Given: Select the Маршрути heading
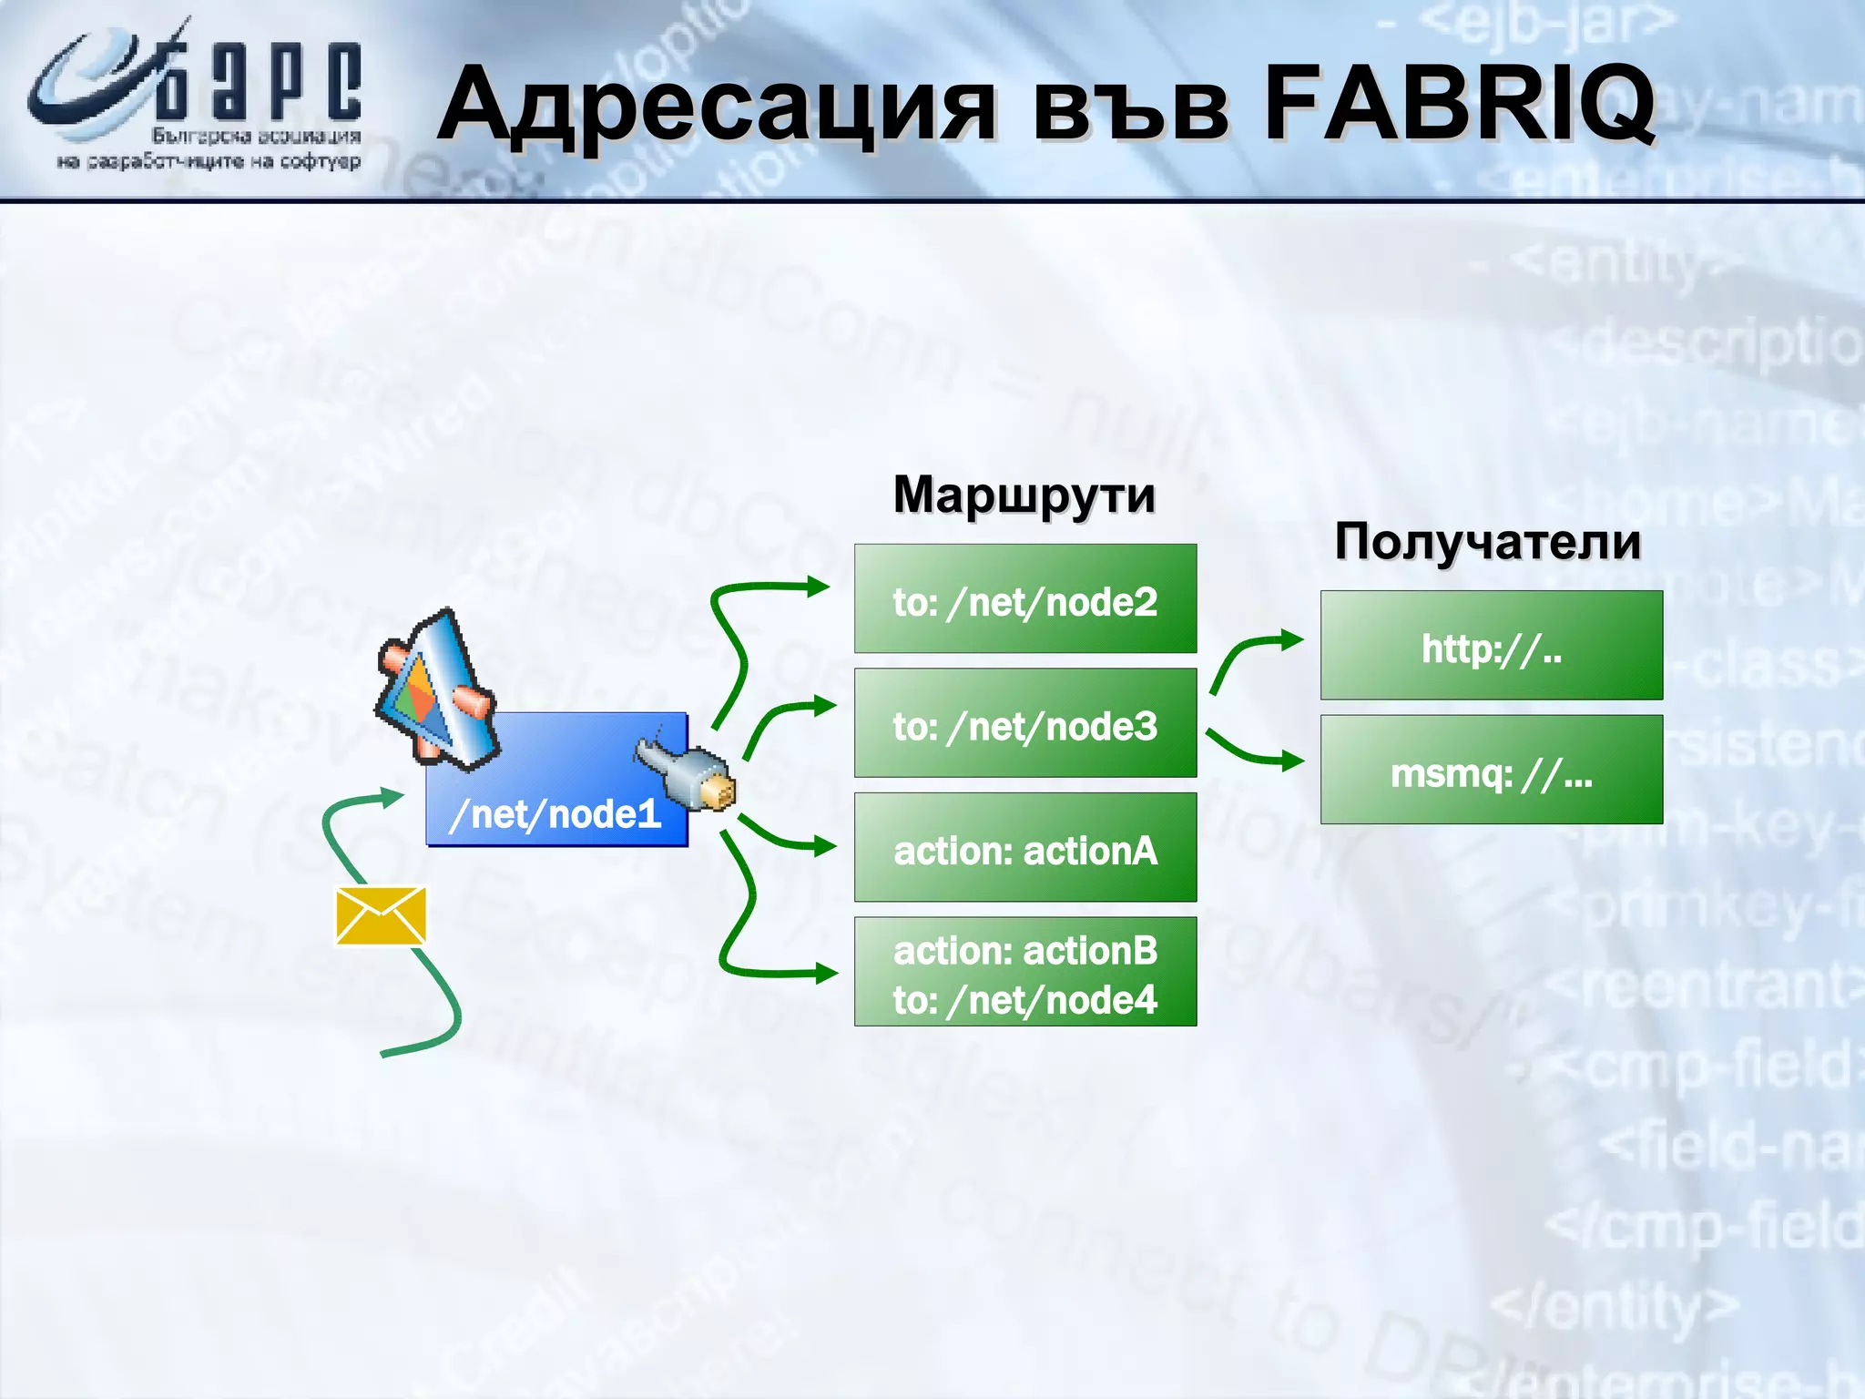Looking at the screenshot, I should [1024, 495].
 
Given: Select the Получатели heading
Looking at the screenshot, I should [1488, 541].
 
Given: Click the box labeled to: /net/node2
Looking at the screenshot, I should [1024, 598].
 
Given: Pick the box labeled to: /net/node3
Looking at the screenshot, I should [1024, 723].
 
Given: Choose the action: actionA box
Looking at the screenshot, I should [1024, 847].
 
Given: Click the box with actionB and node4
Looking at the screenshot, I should [1024, 972].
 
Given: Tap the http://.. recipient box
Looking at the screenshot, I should [1491, 645].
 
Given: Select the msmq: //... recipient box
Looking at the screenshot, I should [1491, 770].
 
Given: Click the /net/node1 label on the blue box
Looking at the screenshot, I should [555, 813].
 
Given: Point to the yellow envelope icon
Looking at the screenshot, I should [381, 915].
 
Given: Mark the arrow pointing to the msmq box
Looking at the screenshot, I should [1252, 752].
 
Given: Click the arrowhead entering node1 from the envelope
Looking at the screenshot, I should [392, 798].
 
